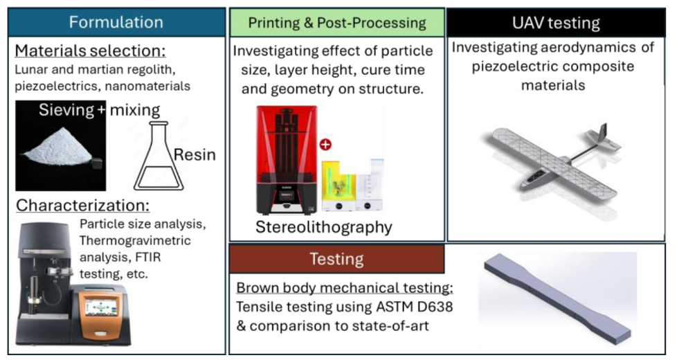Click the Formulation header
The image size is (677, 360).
pos(116,22)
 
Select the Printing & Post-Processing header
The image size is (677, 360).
pos(337,22)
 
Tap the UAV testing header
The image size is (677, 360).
pos(556,23)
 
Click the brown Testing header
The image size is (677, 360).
pos(337,259)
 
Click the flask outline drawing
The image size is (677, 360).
pos(159,156)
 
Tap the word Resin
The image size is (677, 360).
pos(195,154)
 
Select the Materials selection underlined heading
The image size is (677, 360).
pos(90,51)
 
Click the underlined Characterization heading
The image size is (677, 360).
pos(83,206)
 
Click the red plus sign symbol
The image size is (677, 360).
pos(325,145)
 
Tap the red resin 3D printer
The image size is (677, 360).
pos(287,160)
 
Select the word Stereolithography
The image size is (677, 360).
pos(324,227)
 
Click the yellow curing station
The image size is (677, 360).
pos(339,186)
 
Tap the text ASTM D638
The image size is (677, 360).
pos(415,307)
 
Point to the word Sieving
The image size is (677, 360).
pos(66,109)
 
